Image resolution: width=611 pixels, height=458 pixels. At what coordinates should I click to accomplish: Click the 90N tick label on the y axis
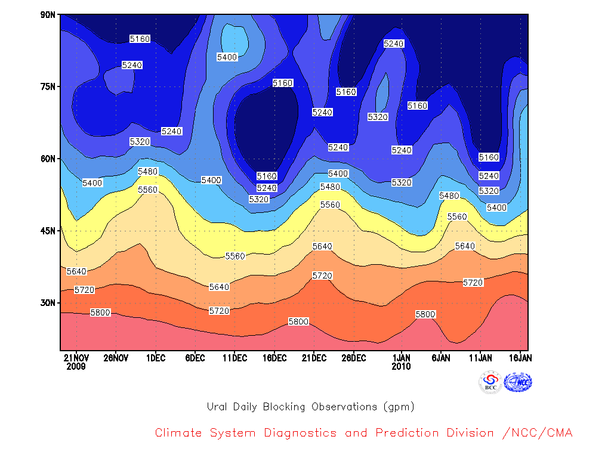coord(48,15)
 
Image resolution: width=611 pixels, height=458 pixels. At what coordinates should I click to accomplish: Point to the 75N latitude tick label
coord(48,86)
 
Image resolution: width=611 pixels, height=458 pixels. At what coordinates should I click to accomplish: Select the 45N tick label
coord(48,231)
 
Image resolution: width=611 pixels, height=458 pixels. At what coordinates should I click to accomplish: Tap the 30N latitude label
coord(48,302)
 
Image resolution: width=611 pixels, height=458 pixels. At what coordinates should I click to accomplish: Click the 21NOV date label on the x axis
coord(76,358)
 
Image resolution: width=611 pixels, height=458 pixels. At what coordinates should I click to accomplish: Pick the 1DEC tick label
coord(156,358)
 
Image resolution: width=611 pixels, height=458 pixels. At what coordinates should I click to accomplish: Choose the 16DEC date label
coord(274,358)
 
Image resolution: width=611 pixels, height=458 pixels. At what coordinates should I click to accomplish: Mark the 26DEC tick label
coord(354,358)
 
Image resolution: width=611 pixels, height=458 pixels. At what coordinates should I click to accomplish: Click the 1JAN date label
coord(402,358)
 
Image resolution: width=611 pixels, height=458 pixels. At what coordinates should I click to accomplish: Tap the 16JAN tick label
coord(520,358)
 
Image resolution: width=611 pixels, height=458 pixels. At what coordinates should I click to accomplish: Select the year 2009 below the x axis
coord(76,367)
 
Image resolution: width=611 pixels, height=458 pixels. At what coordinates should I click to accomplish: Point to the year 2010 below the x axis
coord(402,367)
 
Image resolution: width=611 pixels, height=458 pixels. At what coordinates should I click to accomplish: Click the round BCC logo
coord(490,382)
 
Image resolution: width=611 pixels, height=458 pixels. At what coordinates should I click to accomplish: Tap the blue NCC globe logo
coord(518,382)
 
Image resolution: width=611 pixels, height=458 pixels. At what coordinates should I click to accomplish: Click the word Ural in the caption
coord(217,407)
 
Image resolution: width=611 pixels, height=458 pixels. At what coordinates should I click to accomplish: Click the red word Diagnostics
coord(300,433)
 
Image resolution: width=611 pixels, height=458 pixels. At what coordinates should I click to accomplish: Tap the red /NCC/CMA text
coord(538,433)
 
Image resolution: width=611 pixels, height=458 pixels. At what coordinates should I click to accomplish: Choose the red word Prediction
coord(407,433)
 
